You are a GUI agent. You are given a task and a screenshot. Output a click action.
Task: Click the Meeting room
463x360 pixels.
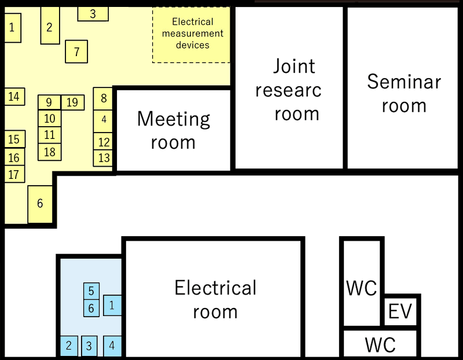[x=174, y=130]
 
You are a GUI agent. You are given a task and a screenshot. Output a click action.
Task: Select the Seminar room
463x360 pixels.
[x=403, y=93]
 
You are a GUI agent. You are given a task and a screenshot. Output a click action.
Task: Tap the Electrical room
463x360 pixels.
[x=215, y=299]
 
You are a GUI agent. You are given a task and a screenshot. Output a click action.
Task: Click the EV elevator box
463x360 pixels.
[x=400, y=311]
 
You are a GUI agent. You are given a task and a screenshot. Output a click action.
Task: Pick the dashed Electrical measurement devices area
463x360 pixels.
[x=192, y=34]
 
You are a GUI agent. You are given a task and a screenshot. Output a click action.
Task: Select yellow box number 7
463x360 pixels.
[x=76, y=52]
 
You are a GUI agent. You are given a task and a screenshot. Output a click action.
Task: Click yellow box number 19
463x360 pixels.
[x=72, y=102]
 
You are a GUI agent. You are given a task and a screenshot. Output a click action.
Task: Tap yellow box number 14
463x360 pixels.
[x=14, y=97]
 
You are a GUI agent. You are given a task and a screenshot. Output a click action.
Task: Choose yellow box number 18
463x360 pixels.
[x=50, y=152]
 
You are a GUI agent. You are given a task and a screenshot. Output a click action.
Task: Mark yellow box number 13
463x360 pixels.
[x=104, y=157]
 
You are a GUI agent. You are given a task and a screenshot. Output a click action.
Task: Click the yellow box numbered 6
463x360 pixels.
[x=40, y=204]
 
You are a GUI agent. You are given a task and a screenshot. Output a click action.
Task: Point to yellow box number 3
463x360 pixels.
[x=93, y=14]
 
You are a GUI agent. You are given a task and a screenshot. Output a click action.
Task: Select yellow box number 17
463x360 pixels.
[x=14, y=174]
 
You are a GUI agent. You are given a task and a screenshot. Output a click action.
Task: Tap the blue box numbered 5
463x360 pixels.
[x=91, y=291]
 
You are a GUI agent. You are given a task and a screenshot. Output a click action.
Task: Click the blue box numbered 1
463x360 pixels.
[x=112, y=304]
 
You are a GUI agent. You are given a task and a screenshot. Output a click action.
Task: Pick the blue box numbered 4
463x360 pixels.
[x=112, y=346]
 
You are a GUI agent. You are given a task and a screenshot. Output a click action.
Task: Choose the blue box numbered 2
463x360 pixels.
[x=69, y=346]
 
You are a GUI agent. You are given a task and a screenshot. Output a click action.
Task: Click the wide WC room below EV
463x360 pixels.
[x=380, y=344]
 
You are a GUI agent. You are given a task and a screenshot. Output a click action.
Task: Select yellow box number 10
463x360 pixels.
[x=50, y=119]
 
